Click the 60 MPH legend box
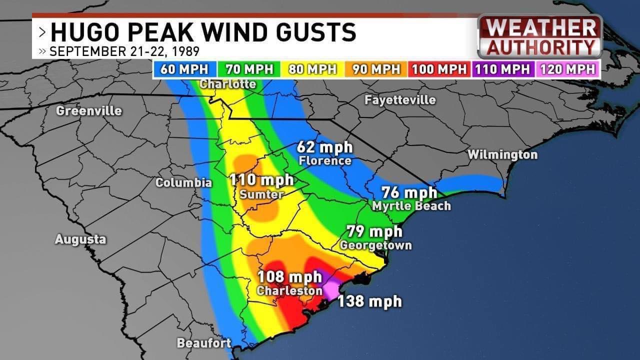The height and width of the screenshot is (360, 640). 185,69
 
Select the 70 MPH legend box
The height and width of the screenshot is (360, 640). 249,69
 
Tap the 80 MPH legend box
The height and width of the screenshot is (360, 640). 312,69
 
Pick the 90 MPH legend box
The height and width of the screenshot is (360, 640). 376,69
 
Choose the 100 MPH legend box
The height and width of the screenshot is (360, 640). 439,69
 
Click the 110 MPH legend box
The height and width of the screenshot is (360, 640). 502,69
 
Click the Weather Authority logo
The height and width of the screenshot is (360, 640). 540,36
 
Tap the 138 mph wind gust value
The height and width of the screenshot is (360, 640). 369,301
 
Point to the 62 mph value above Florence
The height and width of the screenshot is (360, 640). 324,147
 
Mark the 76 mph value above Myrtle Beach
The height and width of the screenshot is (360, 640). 409,192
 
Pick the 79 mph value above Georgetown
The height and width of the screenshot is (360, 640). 375,232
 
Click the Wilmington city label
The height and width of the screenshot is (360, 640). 502,154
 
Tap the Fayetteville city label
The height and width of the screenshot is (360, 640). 400,100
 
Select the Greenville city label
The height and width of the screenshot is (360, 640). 89,110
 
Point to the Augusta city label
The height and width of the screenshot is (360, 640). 80,239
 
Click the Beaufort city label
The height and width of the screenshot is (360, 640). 204,343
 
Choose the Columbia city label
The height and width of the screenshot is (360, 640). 183,182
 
